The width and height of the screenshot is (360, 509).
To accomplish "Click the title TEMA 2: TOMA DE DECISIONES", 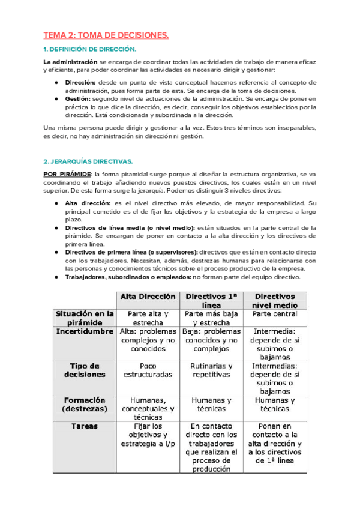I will (106, 36).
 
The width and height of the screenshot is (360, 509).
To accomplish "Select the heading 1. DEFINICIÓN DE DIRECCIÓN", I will (90, 49).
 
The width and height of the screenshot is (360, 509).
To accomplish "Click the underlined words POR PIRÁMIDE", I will (65, 173).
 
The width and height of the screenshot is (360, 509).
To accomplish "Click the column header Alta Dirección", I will (148, 297).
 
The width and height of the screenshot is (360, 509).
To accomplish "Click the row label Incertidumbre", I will (85, 331).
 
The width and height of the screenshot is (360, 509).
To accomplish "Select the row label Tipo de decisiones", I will (85, 370).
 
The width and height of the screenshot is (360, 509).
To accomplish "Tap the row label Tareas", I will (85, 426).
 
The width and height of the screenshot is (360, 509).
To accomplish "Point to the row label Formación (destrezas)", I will (85, 404).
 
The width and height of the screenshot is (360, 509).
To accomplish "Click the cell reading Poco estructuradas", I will (148, 370).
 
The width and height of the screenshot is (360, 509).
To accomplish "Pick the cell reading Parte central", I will (274, 314).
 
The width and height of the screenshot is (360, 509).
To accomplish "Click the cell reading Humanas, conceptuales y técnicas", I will (148, 408).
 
